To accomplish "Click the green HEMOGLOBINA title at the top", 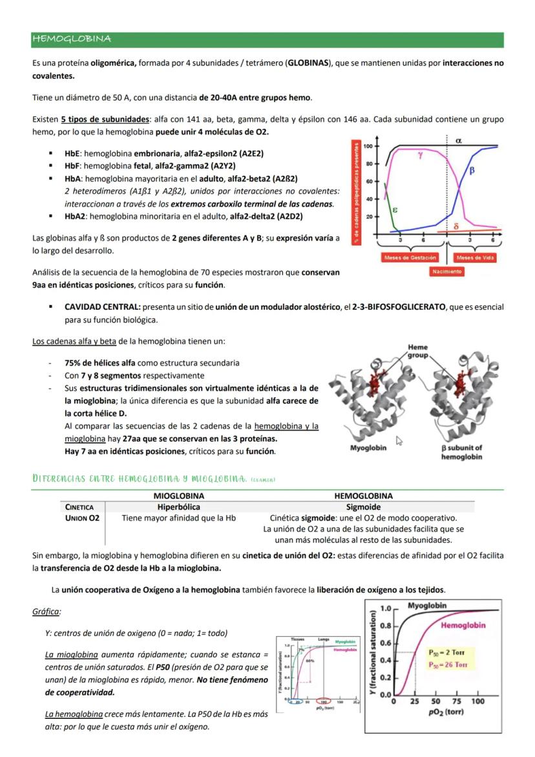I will tap(71, 39).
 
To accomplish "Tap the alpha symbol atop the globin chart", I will tap(458, 140).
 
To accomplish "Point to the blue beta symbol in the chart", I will tap(471, 171).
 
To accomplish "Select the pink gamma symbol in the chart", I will tap(421, 156).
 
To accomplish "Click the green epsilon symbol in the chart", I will tap(395, 209).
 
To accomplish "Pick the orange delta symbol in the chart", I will tap(456, 227).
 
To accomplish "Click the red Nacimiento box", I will tap(446, 272).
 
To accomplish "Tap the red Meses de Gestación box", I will tap(410, 257).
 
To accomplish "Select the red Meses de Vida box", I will tap(476, 257).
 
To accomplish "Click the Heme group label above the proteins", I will tap(417, 351).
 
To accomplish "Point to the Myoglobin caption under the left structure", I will tap(368, 448).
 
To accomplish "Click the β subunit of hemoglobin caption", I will tap(461, 452).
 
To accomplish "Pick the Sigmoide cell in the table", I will tap(363, 507).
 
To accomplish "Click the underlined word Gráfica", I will tap(47, 612).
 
